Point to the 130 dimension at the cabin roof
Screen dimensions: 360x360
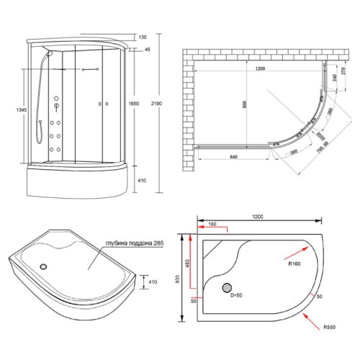point(143,37)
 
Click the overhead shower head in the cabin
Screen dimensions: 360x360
point(50,52)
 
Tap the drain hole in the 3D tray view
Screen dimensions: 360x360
point(45,264)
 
